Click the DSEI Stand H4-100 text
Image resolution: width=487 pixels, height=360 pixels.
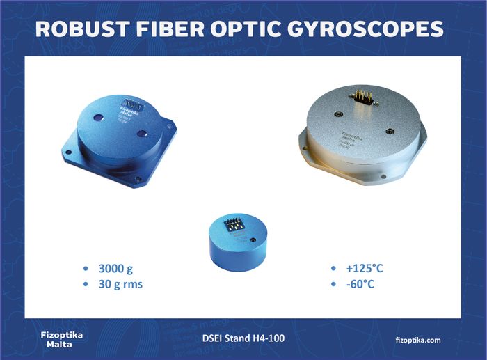243,339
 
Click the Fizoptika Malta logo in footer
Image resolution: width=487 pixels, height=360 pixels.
62,339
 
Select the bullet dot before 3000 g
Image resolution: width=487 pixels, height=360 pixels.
86,269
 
